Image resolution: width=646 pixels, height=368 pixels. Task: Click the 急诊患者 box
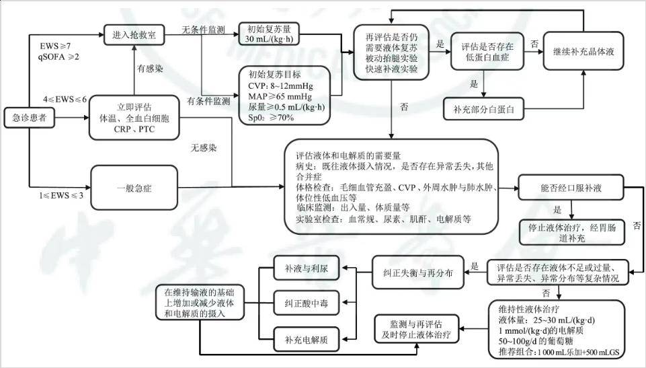pyautogui.click(x=30, y=118)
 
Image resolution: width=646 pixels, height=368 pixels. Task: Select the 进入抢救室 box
pyautogui.click(x=134, y=34)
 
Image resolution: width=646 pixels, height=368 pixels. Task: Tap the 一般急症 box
pyautogui.click(x=134, y=188)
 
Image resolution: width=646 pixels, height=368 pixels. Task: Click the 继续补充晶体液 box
pyautogui.click(x=583, y=51)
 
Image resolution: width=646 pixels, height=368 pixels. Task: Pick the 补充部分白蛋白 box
pyautogui.click(x=484, y=109)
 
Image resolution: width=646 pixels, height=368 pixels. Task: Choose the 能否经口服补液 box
pyautogui.click(x=571, y=188)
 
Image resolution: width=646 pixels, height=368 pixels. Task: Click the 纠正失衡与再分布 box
pyautogui.click(x=417, y=272)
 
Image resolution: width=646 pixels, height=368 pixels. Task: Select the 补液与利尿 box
pyautogui.click(x=307, y=268)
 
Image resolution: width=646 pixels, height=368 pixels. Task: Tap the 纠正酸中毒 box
pyautogui.click(x=307, y=303)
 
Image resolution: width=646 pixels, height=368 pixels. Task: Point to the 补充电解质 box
pyautogui.click(x=307, y=340)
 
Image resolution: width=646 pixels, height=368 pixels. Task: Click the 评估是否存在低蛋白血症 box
pyautogui.click(x=487, y=51)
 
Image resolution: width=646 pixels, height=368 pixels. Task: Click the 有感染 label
pyautogui.click(x=150, y=69)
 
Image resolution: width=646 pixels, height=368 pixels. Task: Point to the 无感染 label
pyautogui.click(x=204, y=147)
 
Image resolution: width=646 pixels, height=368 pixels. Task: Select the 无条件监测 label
pyautogui.click(x=204, y=30)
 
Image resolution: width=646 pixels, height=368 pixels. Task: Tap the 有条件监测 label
pyautogui.click(x=208, y=101)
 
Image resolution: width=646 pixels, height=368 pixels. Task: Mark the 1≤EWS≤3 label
pyautogui.click(x=61, y=195)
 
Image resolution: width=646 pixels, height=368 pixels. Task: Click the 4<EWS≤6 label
pyautogui.click(x=65, y=100)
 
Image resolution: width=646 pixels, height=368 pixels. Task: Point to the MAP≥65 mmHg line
pyautogui.click(x=280, y=96)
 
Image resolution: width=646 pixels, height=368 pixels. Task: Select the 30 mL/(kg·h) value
pyautogui.click(x=269, y=40)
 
